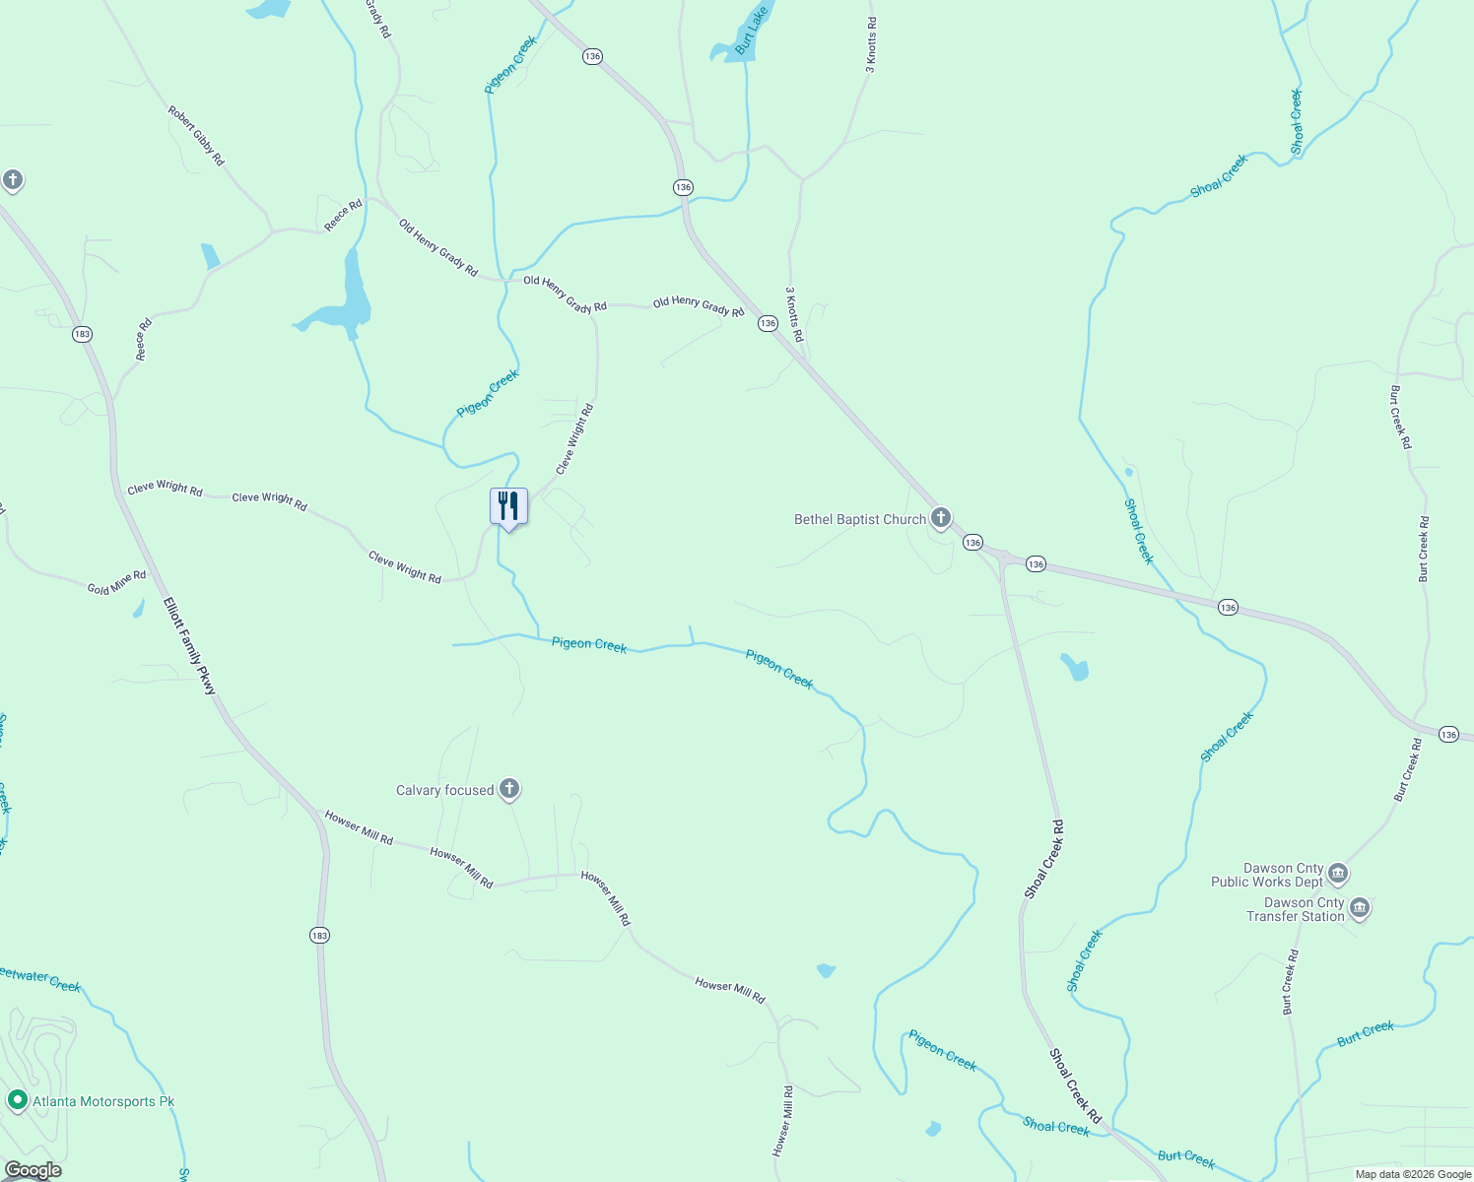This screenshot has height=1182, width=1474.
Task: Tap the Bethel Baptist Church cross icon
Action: pyautogui.click(x=941, y=518)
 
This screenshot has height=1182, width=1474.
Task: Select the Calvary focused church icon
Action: pyautogui.click(x=508, y=789)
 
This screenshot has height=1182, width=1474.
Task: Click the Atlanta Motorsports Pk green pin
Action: pyautogui.click(x=17, y=1100)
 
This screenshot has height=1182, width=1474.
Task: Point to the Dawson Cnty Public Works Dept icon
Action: pyautogui.click(x=1337, y=874)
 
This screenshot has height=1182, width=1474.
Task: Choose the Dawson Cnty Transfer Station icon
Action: pyautogui.click(x=1360, y=907)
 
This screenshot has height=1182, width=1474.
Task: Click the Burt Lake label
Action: pyautogui.click(x=751, y=31)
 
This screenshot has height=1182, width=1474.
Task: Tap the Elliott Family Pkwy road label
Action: pyautogui.click(x=189, y=646)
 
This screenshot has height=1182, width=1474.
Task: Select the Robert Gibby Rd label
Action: pyautogui.click(x=196, y=136)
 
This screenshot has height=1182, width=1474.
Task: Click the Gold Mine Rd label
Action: pyautogui.click(x=116, y=582)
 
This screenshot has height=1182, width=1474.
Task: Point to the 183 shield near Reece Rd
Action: pyautogui.click(x=82, y=334)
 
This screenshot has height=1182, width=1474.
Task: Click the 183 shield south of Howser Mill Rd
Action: pyautogui.click(x=319, y=935)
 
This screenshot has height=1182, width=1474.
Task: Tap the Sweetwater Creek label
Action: pyautogui.click(x=39, y=979)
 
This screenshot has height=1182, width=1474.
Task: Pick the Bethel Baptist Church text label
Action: pyautogui.click(x=860, y=519)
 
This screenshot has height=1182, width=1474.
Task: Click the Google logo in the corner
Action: pyautogui.click(x=33, y=1170)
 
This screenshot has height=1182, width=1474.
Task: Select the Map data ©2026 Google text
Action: pyautogui.click(x=1412, y=1174)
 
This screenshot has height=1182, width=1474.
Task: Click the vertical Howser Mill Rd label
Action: pyautogui.click(x=783, y=1120)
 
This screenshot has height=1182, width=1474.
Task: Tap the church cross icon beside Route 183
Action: pyautogui.click(x=13, y=180)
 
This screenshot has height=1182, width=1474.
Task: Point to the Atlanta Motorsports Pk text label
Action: pyautogui.click(x=103, y=1101)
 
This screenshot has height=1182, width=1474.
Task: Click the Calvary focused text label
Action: pyautogui.click(x=444, y=790)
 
